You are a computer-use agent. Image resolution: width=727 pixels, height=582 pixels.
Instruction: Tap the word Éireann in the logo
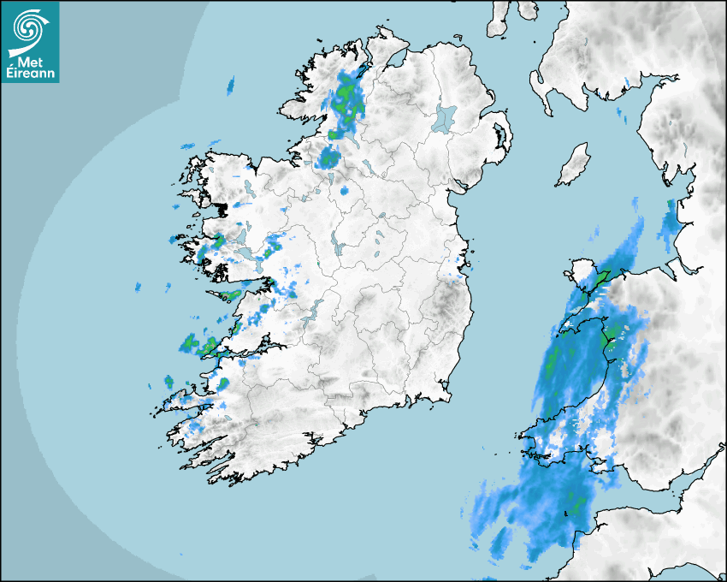(x=30, y=74)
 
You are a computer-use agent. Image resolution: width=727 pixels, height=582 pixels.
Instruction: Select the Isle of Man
(x=574, y=165)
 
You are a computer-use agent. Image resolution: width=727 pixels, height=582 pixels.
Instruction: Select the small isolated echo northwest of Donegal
(x=230, y=85)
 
